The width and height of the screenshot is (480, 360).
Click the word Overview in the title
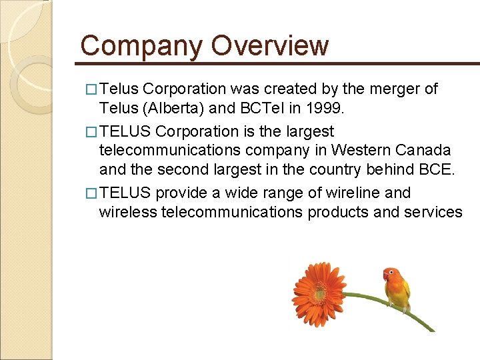click(x=270, y=46)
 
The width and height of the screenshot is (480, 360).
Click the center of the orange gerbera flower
click(x=319, y=291)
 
